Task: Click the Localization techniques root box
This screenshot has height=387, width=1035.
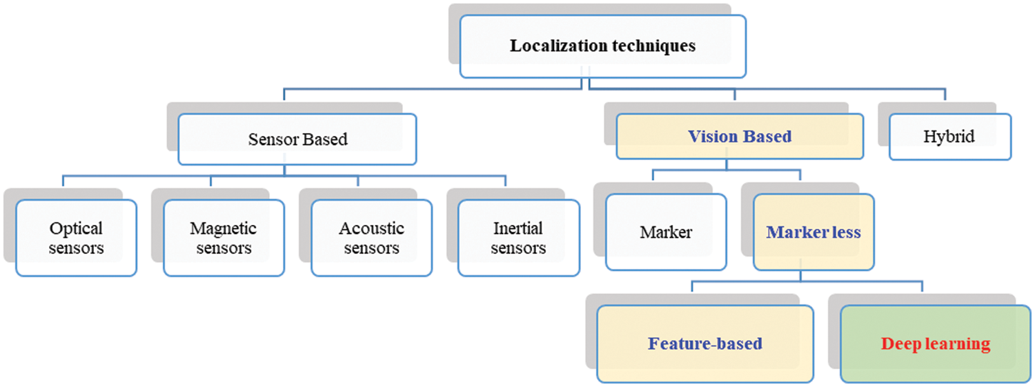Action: click(x=602, y=46)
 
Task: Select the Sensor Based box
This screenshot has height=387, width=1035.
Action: click(x=297, y=139)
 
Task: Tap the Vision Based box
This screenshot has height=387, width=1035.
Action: click(x=740, y=137)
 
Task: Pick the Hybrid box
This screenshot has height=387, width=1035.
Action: click(x=949, y=137)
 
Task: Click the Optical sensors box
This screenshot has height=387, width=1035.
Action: click(x=76, y=238)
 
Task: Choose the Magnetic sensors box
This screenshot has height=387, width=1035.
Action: click(x=224, y=238)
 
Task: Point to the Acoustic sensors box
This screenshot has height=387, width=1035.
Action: click(x=371, y=238)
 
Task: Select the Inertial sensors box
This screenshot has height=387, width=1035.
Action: click(x=518, y=238)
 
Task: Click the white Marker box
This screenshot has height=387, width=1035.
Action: click(x=666, y=232)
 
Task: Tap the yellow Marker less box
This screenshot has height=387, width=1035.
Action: click(x=814, y=232)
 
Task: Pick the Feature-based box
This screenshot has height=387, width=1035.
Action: click(x=704, y=344)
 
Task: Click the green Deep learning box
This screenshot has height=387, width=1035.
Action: click(x=935, y=344)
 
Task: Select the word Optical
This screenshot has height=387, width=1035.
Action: click(x=76, y=228)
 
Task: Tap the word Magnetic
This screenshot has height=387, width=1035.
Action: click(x=224, y=228)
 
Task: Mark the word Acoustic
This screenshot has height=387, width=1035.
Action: click(x=371, y=228)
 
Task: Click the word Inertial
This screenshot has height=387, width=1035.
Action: click(x=518, y=228)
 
